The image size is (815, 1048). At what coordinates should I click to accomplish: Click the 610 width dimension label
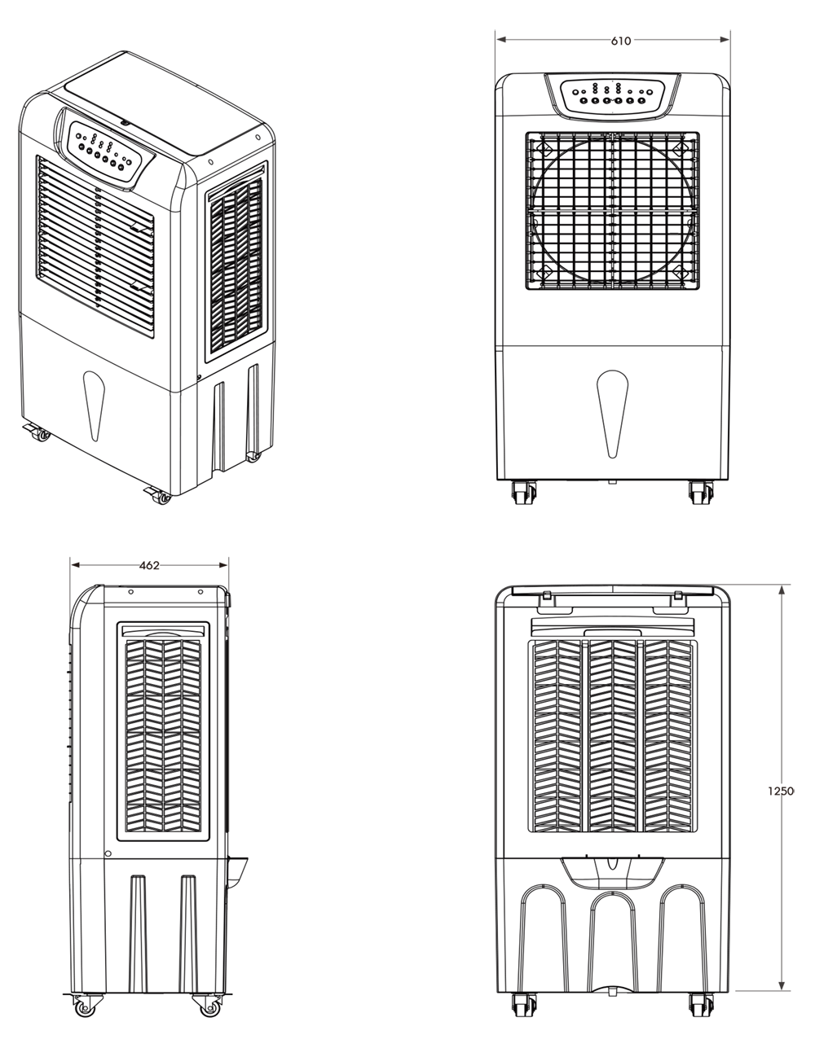[620, 41]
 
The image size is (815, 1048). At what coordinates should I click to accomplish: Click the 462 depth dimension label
[149, 565]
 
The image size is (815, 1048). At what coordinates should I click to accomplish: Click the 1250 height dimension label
[780, 791]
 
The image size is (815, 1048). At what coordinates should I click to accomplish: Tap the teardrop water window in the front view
[612, 411]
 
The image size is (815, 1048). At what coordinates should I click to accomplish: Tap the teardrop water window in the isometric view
[95, 405]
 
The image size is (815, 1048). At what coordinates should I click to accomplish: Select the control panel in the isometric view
[107, 152]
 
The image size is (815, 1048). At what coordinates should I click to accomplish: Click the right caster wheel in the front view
[700, 493]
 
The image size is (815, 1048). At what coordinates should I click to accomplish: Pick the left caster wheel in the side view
[84, 1006]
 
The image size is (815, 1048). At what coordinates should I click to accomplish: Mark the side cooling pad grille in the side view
[163, 733]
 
